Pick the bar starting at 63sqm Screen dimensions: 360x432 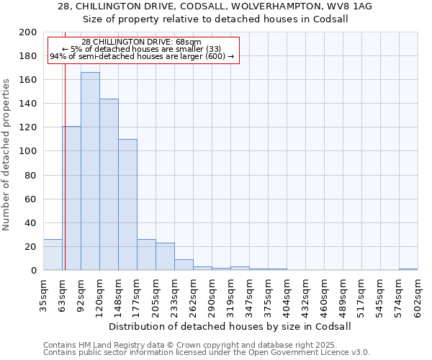click(71, 198)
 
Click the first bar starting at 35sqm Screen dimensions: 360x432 click(53, 255)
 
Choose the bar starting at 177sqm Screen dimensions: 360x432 click(146, 255)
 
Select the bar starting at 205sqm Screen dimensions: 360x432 click(165, 257)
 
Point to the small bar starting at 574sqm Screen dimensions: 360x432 click(408, 269)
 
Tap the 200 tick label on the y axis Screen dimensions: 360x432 click(28, 32)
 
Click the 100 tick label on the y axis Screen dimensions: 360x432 click(28, 151)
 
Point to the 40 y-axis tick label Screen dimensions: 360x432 click(31, 222)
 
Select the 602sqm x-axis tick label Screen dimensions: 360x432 click(418, 295)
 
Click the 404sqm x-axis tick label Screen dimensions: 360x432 click(287, 295)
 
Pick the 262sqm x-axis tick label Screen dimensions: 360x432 click(193, 295)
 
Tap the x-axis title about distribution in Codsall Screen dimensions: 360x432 click(230, 326)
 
